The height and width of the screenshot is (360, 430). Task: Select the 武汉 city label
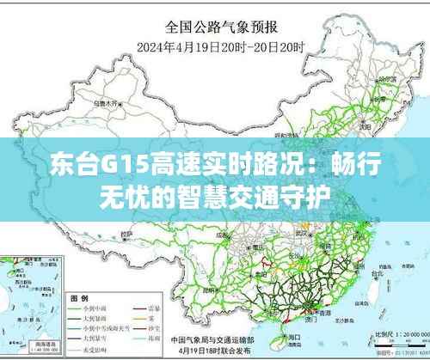[301, 232]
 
